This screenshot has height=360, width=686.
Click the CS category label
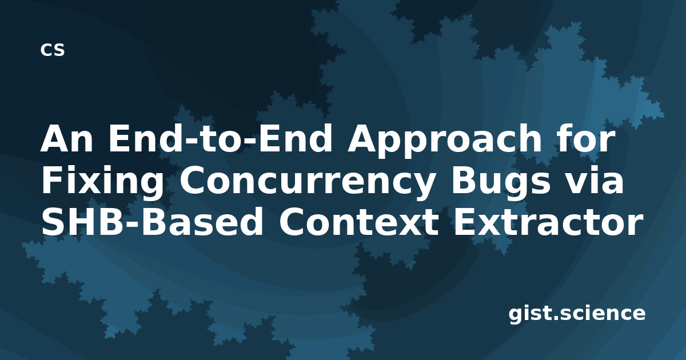point(53,50)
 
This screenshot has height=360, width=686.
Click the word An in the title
point(66,139)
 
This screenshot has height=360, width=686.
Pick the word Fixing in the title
point(102,182)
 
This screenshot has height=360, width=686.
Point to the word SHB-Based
point(152,221)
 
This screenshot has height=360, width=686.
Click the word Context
point(358,222)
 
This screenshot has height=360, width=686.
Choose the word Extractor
point(548,222)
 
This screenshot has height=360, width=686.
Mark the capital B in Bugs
point(464,180)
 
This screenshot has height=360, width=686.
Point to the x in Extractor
point(492,225)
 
